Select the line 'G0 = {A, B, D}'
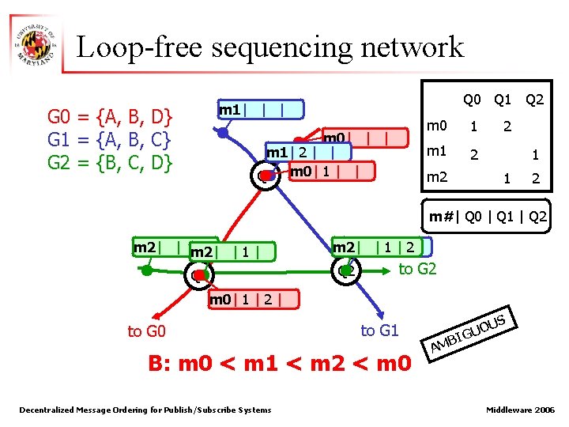tap(111, 118)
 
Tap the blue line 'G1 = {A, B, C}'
tap(111, 142)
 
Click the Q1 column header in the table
tap(503, 100)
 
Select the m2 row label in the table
tap(437, 179)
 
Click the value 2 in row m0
tap(507, 127)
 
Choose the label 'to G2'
tap(418, 269)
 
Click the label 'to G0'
tap(147, 331)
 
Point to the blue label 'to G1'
tap(379, 330)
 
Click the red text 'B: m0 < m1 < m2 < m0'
tap(280, 364)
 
